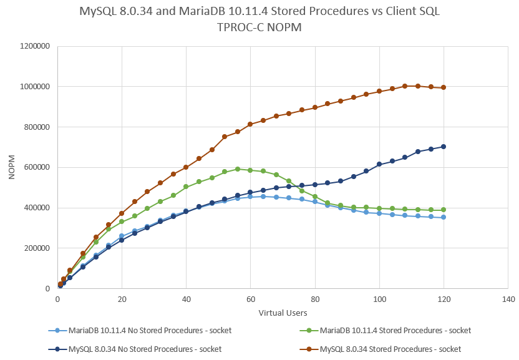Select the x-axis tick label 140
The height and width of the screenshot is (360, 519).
508,299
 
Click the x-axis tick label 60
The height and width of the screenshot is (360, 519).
250,299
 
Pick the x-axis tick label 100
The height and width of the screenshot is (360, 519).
379,299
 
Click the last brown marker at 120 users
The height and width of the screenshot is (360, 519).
444,87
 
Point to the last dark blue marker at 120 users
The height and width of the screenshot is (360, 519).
444,147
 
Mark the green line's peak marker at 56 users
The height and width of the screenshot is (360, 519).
238,169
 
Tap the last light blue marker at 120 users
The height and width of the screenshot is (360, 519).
444,217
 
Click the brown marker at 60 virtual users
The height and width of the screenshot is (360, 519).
250,124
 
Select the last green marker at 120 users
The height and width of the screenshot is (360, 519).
444,210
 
